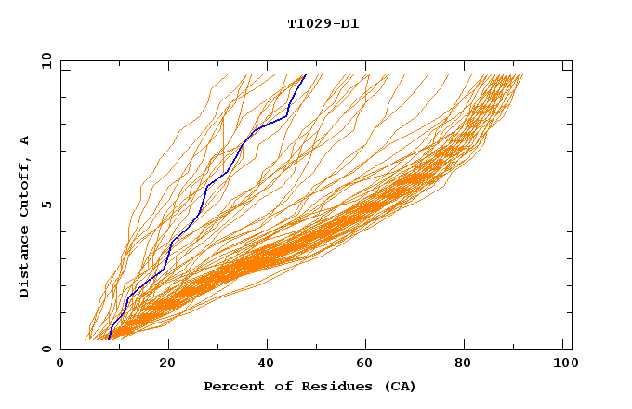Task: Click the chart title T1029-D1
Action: pyautogui.click(x=323, y=24)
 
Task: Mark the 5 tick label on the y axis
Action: pyautogui.click(x=46, y=204)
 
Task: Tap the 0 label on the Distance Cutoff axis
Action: pyautogui.click(x=46, y=349)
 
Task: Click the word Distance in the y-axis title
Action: pyautogui.click(x=25, y=266)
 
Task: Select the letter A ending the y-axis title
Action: pyautogui.click(x=25, y=140)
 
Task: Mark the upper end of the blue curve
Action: pyautogui.click(x=305, y=75)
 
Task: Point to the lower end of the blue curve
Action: pyautogui.click(x=110, y=338)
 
